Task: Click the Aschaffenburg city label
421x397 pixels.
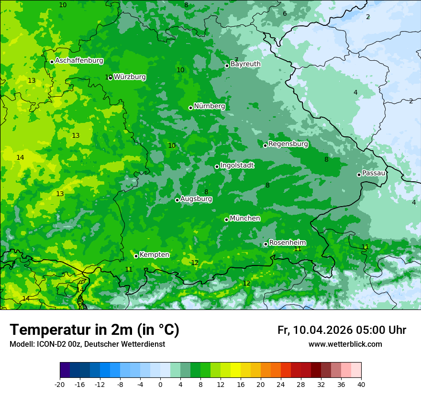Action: [x=79, y=61]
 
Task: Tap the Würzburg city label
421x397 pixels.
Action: [x=130, y=77]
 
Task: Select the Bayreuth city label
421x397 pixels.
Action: [x=245, y=64]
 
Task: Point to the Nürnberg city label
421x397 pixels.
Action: [x=209, y=106]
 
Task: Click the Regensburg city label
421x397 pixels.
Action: [x=288, y=144]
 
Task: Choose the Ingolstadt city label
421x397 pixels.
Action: [x=237, y=165]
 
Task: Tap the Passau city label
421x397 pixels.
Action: [x=374, y=173]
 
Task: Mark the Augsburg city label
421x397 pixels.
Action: [x=196, y=199]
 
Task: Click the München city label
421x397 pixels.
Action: [x=245, y=219]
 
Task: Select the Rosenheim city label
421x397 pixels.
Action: [x=287, y=243]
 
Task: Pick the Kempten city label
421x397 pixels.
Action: [x=154, y=255]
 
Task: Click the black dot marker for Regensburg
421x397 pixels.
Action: [x=266, y=145]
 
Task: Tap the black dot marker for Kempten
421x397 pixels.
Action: [x=136, y=256]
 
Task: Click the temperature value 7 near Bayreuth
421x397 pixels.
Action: [x=236, y=60]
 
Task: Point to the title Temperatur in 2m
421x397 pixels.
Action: [x=94, y=330]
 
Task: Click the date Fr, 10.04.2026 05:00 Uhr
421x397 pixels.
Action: [x=342, y=330]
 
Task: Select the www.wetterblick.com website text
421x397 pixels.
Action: [x=345, y=344]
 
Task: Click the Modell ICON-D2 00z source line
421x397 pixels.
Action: [x=87, y=344]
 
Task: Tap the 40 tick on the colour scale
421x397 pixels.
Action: [x=361, y=385]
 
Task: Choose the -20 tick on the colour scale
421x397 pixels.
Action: [x=60, y=385]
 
